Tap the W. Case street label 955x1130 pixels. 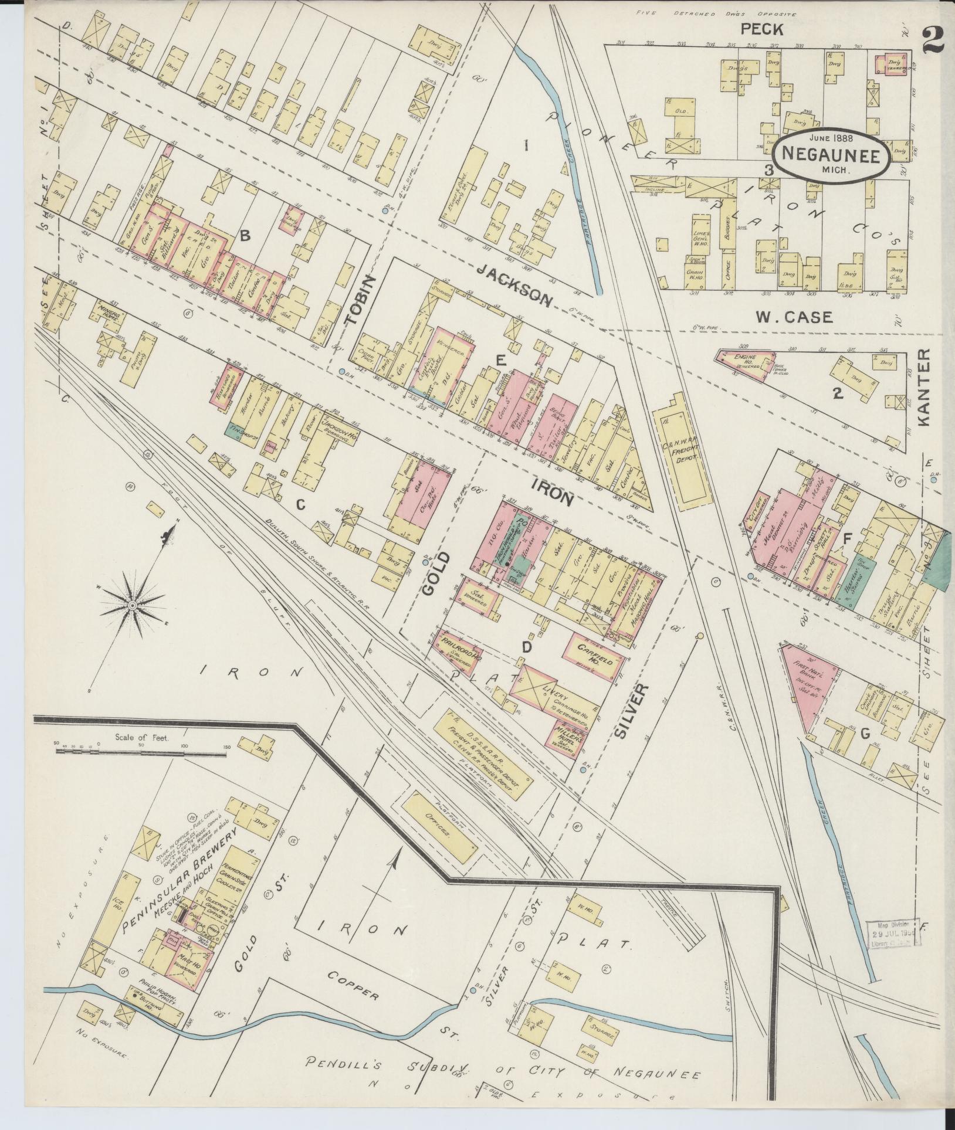794,317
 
